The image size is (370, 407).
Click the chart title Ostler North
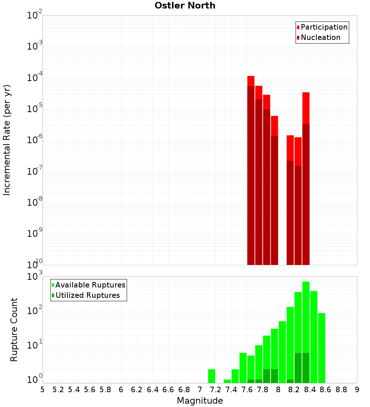[185, 6]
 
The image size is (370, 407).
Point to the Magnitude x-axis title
[200, 401]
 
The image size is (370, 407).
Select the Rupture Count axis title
[14, 330]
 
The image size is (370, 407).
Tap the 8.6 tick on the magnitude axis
[326, 390]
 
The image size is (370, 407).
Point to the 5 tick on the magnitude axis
[43, 390]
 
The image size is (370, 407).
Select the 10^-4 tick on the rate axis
[35, 78]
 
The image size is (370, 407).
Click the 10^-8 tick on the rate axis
[35, 202]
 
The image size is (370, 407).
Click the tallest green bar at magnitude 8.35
[306, 314]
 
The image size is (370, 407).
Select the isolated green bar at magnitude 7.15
[212, 376]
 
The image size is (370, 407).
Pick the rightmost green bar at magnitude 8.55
[322, 348]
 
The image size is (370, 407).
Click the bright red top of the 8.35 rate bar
[306, 107]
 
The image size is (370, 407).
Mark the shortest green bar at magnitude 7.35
[227, 381]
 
